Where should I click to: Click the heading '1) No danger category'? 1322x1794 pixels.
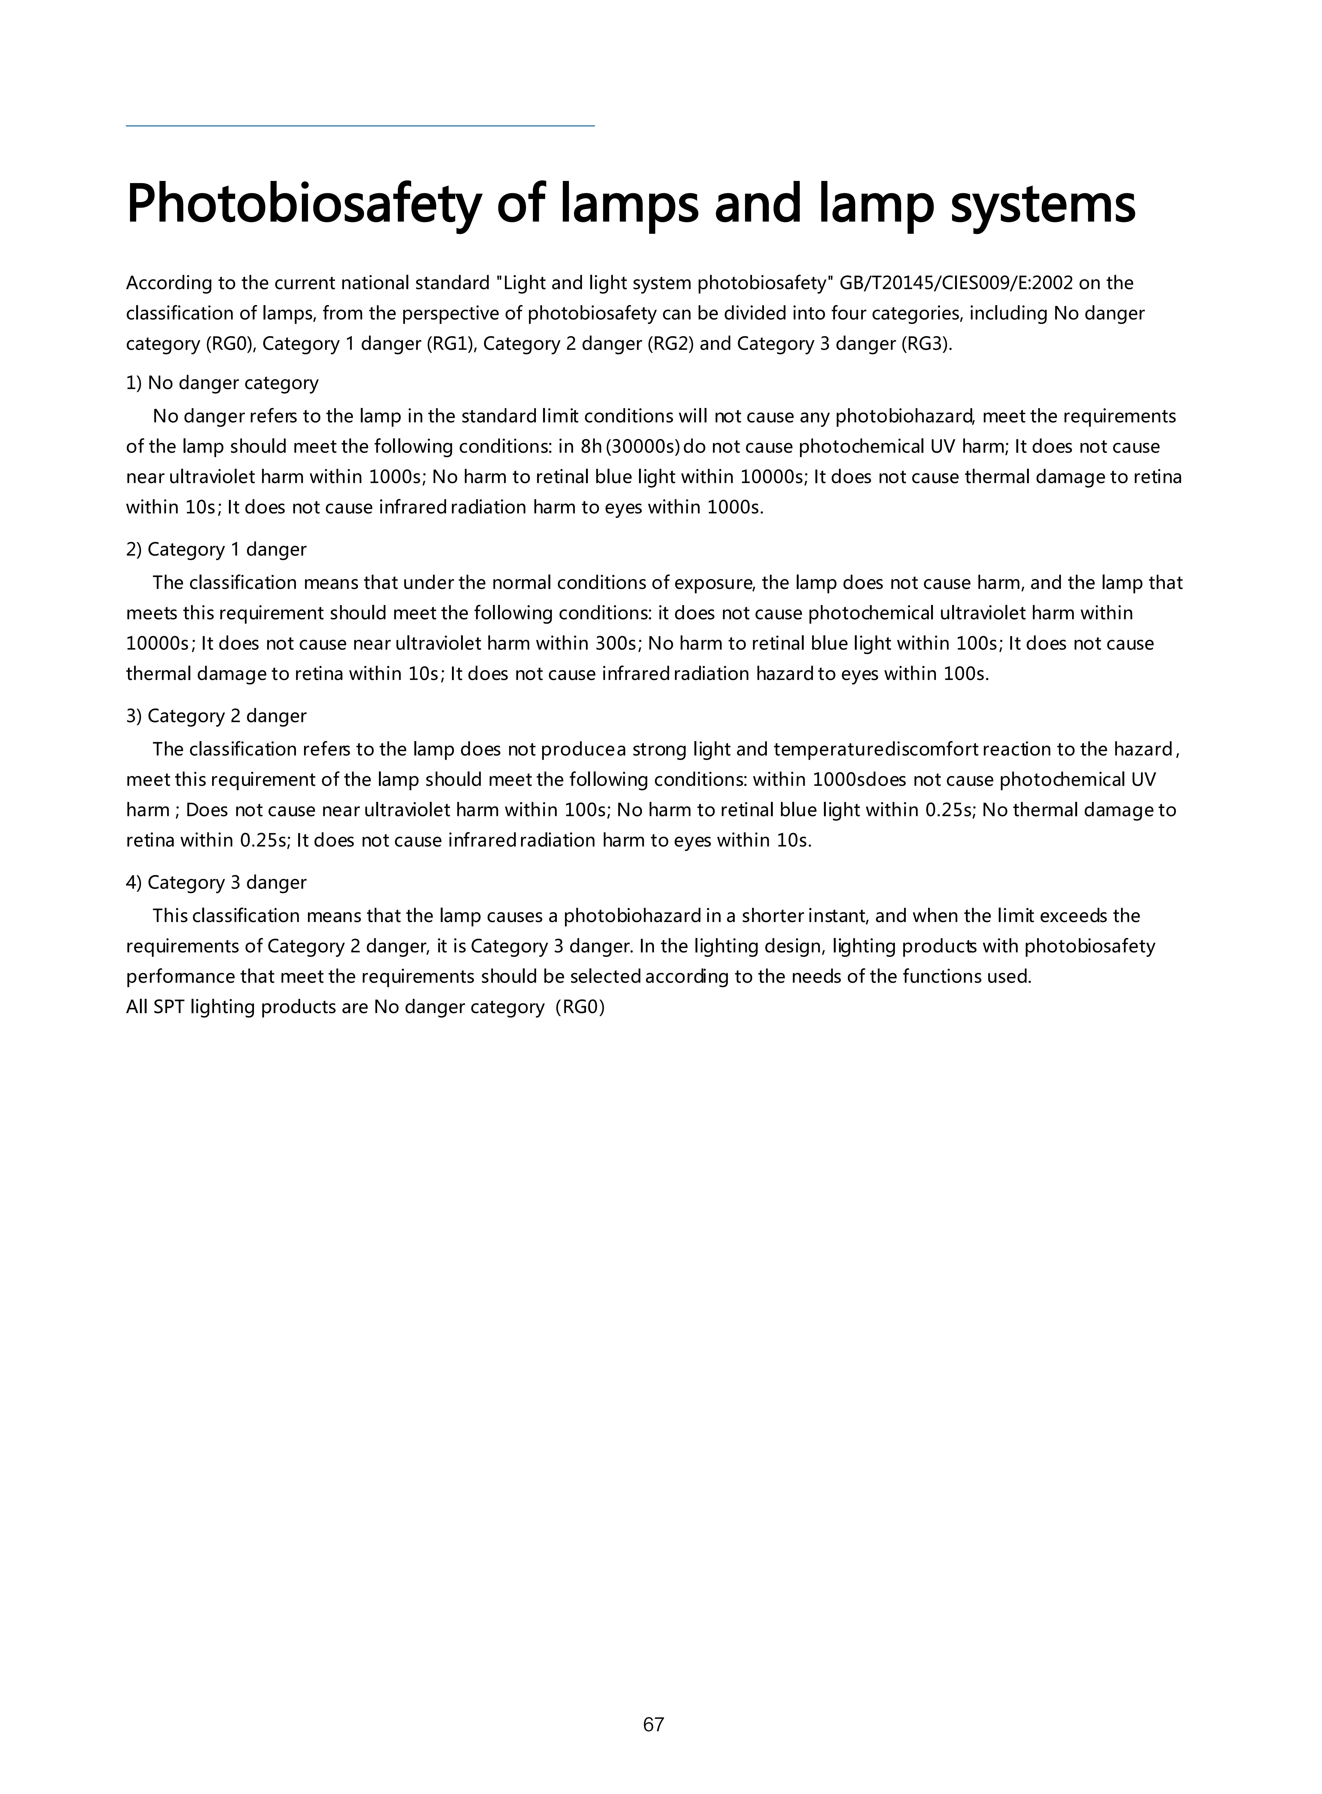223,383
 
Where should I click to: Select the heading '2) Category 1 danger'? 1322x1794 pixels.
216,550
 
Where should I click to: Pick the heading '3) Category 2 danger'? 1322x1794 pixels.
216,716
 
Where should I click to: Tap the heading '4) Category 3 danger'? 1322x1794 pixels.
216,883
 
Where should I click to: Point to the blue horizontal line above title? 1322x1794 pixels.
360,126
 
